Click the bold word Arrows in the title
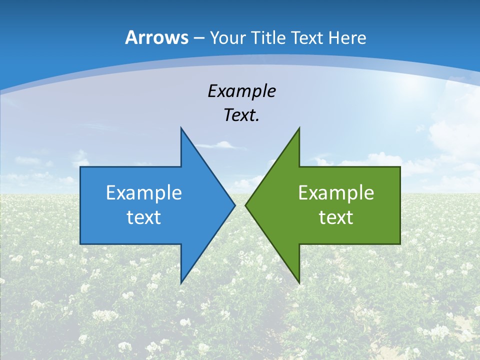156,37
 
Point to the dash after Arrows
198,38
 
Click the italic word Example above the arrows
241,91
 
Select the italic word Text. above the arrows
241,115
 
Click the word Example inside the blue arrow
144,193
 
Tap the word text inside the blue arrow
144,217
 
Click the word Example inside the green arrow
336,193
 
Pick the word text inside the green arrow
336,217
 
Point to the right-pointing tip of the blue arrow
234,205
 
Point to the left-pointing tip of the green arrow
246,205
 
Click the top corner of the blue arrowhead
181,128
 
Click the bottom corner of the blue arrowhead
181,283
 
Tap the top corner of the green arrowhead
299,128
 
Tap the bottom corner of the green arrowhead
299,283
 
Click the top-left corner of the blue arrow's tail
81,167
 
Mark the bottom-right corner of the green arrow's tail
399,243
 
